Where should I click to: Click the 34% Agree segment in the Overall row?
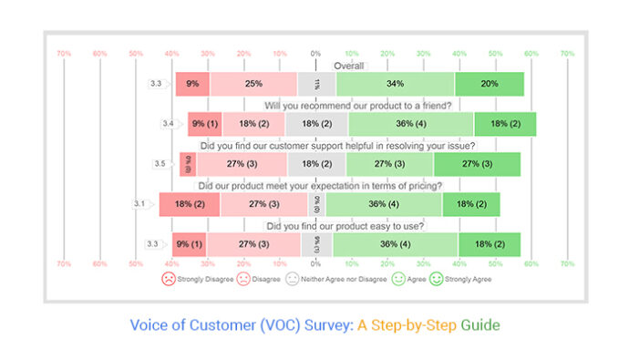coord(395,84)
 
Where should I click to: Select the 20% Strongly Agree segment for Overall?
coord(489,84)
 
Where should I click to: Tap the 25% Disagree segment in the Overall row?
coord(253,84)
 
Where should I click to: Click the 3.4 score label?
coord(168,123)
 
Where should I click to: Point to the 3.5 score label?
coord(160,164)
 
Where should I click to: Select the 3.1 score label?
coord(139,203)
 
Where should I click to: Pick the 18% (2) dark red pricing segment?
coord(190,204)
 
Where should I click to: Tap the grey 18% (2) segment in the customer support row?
coord(316,164)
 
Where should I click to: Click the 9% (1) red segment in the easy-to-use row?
coord(191,243)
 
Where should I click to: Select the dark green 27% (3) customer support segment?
coord(477,164)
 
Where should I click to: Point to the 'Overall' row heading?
coord(348,66)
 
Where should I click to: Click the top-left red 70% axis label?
coord(64,54)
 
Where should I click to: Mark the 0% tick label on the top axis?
coord(315,54)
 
